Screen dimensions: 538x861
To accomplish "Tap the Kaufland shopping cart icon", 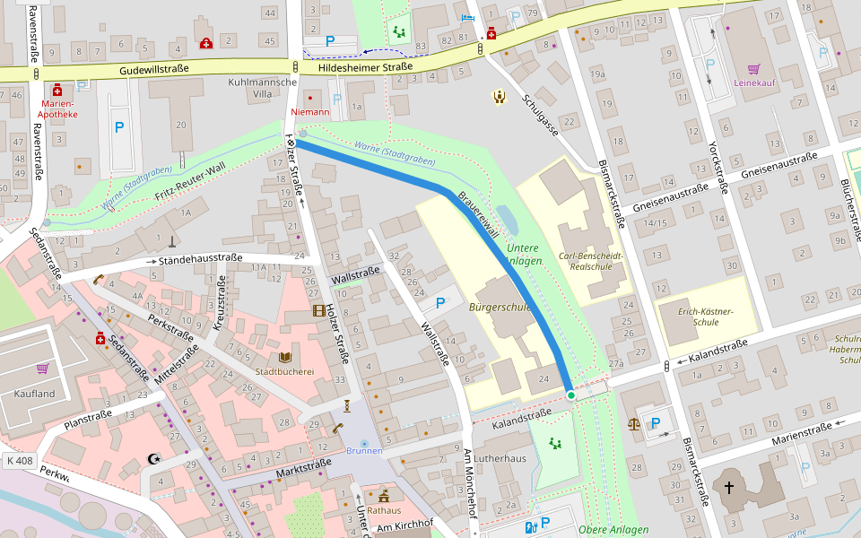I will click(42, 369).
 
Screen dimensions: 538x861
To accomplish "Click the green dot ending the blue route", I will click(570, 395).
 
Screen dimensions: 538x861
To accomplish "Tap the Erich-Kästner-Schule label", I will click(705, 317).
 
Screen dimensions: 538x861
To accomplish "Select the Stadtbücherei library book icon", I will click(285, 357).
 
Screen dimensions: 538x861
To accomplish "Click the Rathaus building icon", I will click(384, 496).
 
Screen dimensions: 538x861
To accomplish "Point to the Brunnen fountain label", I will click(363, 451).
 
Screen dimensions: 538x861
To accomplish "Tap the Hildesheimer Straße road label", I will click(366, 66).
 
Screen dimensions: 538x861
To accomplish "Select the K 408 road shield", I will click(19, 461).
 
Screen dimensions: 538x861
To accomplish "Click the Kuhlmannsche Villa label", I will click(263, 87).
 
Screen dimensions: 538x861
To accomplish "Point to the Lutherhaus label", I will click(500, 457).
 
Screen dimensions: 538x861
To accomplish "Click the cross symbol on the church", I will click(729, 488).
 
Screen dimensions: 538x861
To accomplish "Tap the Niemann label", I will click(310, 113).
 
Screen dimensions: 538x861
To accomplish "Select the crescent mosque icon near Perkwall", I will click(153, 459).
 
